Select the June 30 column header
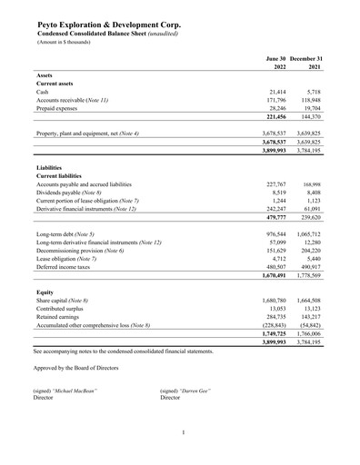point(267,58)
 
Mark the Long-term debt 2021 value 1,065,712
point(309,261)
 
